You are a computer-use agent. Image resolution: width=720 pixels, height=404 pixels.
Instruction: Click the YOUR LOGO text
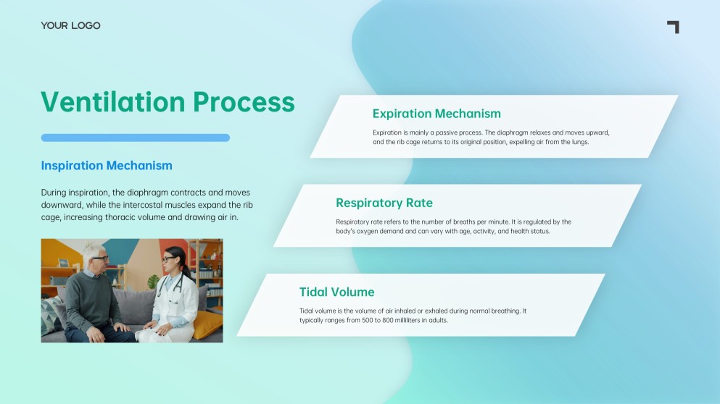[70, 25]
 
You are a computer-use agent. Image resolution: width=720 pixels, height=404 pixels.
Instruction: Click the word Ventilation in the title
[113, 101]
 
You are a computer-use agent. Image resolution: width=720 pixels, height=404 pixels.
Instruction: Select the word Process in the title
[244, 102]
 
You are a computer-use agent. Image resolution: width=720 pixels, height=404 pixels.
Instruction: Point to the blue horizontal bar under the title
[136, 138]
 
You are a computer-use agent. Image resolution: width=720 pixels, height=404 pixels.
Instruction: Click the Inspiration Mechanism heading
[107, 166]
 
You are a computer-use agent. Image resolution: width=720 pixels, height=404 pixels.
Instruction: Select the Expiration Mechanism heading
[436, 114]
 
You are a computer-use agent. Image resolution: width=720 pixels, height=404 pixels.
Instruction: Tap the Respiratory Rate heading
[384, 203]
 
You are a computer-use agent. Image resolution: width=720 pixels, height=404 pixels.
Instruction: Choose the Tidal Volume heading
[337, 292]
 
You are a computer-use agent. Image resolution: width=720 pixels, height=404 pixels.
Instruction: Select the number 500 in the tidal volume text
[368, 320]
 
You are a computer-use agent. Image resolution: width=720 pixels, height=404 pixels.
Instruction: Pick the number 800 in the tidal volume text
[388, 320]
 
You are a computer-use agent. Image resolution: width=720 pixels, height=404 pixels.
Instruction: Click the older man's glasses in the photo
[101, 258]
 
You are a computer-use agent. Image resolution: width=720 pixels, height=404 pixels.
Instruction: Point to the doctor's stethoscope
[171, 287]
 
